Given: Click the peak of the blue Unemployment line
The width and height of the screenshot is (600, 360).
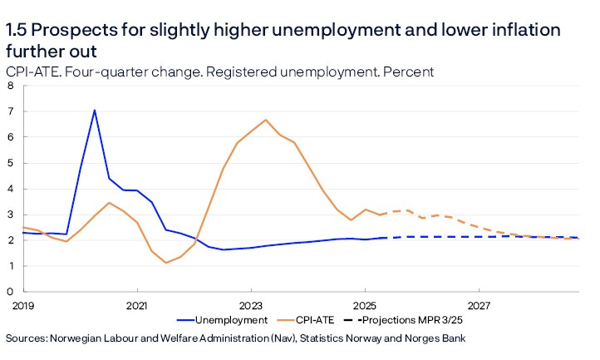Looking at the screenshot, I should pyautogui.click(x=94, y=111).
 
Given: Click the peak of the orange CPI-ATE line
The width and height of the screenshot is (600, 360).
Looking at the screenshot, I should pyautogui.click(x=265, y=120).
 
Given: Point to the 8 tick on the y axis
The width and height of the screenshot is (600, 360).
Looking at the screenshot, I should pyautogui.click(x=10, y=86).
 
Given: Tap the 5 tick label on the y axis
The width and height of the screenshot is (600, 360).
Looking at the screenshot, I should pyautogui.click(x=10, y=163).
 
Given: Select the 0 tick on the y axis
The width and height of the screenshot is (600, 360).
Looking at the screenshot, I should pyautogui.click(x=10, y=292).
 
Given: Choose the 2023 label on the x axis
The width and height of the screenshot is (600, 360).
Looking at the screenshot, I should pyautogui.click(x=251, y=305).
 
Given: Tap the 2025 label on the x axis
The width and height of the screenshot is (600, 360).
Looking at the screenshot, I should pyautogui.click(x=366, y=305).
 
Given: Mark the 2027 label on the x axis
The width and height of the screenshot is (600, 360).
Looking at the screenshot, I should pyautogui.click(x=480, y=305).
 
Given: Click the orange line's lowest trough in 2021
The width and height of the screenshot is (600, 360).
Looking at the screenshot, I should pyautogui.click(x=166, y=263).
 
